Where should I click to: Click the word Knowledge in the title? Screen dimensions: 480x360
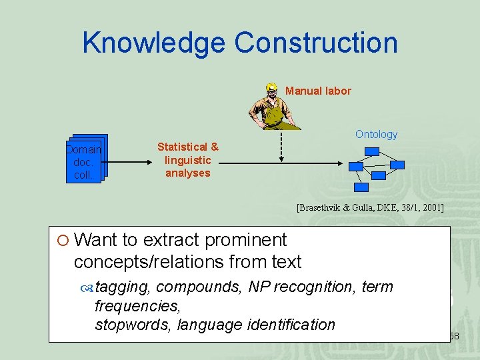[x=154, y=43]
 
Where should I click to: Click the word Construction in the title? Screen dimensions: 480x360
[x=316, y=43]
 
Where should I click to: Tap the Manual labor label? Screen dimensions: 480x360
[x=318, y=91]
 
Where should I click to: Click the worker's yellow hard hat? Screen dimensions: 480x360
[x=271, y=87]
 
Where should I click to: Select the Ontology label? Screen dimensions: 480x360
[x=376, y=134]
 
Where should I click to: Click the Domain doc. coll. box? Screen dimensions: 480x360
[x=83, y=161]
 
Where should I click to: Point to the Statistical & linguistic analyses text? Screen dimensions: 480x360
[x=187, y=160]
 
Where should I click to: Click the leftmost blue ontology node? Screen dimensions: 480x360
[x=355, y=167]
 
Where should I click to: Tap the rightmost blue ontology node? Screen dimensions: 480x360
[x=397, y=164]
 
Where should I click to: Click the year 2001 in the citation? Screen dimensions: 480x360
[x=432, y=208]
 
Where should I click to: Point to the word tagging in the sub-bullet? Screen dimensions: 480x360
[x=123, y=287]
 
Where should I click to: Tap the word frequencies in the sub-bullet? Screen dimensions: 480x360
[x=137, y=307]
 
